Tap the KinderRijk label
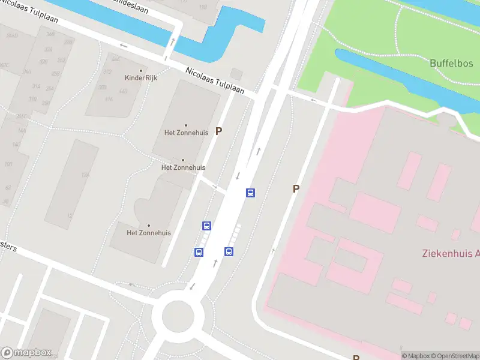point(140,77)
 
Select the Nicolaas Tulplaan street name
point(215,80)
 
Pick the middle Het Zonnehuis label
point(183,167)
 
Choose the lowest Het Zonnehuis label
point(148,233)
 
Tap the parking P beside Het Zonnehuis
point(219,131)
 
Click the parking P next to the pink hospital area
point(296,188)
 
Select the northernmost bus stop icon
point(250,193)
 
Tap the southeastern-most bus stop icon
point(229,251)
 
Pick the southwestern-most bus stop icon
point(199,252)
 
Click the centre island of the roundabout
point(178,314)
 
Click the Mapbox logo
point(26,353)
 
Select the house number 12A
point(85,175)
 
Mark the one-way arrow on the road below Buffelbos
point(313,100)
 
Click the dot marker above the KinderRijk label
point(140,71)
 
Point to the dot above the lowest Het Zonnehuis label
point(148,226)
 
